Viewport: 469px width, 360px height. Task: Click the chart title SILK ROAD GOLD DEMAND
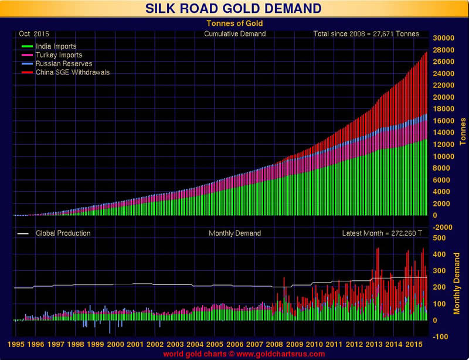click(234, 8)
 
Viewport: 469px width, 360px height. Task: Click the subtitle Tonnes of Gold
click(234, 23)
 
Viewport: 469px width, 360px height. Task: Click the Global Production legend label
click(63, 233)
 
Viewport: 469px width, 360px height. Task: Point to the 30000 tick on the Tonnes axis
click(443, 38)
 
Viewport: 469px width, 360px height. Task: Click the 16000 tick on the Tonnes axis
click(443, 121)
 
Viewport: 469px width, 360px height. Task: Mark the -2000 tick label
click(443, 227)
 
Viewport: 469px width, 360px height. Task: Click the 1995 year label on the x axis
click(15, 345)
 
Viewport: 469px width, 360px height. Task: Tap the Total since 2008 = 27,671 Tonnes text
click(366, 33)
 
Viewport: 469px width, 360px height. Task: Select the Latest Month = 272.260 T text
click(382, 233)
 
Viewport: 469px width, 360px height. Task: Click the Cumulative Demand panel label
click(235, 33)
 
